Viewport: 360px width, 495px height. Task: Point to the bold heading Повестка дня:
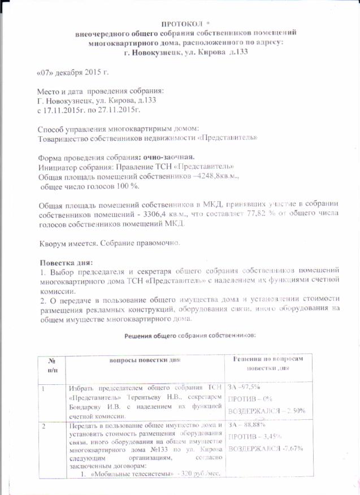[x=66, y=263]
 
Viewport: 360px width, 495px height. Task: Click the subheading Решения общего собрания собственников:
[x=190, y=335]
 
